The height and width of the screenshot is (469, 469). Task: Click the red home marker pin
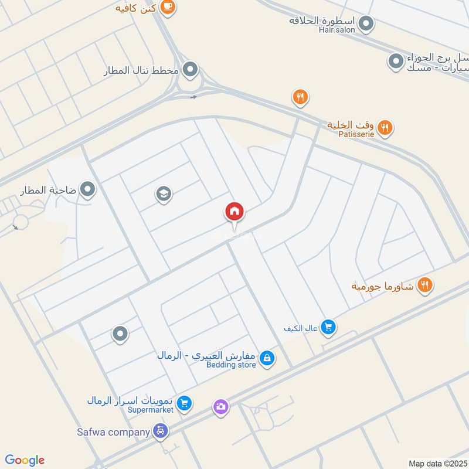[235, 212]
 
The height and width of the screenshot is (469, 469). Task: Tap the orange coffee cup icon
[168, 7]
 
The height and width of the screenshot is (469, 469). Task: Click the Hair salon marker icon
[366, 24]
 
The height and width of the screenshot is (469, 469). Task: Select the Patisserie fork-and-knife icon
[385, 127]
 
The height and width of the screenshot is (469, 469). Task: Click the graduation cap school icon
[164, 194]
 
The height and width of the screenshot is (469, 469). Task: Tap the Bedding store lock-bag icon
[267, 358]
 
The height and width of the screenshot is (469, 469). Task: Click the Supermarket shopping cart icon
[185, 403]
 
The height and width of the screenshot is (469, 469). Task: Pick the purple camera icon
[221, 406]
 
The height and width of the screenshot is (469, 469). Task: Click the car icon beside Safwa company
[160, 432]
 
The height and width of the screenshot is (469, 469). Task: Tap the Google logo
[25, 460]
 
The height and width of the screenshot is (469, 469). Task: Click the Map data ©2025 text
[438, 463]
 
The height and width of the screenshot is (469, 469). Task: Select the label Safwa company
[113, 433]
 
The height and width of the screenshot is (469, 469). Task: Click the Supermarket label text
[151, 410]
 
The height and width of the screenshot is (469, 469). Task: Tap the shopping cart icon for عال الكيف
[328, 327]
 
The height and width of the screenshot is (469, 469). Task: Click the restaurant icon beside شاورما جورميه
[426, 286]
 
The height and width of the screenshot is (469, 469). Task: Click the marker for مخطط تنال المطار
[190, 71]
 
